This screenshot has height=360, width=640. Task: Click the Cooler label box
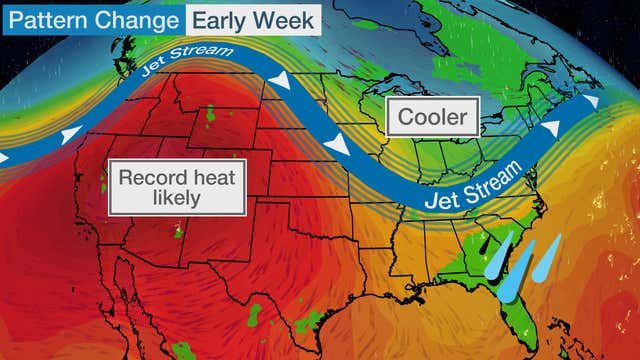click(x=433, y=118)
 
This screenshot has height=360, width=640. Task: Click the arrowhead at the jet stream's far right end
click(x=592, y=100)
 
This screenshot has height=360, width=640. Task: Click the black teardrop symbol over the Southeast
click(x=484, y=243)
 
